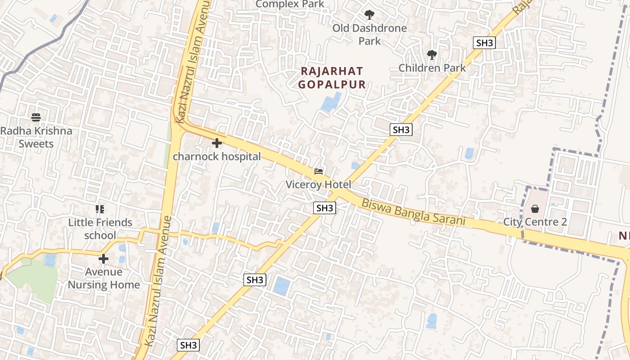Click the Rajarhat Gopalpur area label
click(332, 77)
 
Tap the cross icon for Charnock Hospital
click(217, 143)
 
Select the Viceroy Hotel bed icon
click(319, 171)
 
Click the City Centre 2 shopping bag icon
click(535, 209)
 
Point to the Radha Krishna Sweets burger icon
click(36, 117)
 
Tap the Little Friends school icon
click(100, 209)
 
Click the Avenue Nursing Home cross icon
click(103, 259)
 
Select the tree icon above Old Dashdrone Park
click(369, 15)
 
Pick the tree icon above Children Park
click(432, 55)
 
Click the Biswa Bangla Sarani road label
click(413, 212)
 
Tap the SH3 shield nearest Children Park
click(485, 43)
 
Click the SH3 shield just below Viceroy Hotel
click(325, 208)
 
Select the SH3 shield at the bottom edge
click(188, 345)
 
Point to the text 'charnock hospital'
click(217, 157)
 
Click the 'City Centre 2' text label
click(535, 222)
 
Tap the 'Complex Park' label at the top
click(290, 4)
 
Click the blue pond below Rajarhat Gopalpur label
click(331, 102)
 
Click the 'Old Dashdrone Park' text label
click(369, 34)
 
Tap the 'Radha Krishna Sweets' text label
click(36, 137)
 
